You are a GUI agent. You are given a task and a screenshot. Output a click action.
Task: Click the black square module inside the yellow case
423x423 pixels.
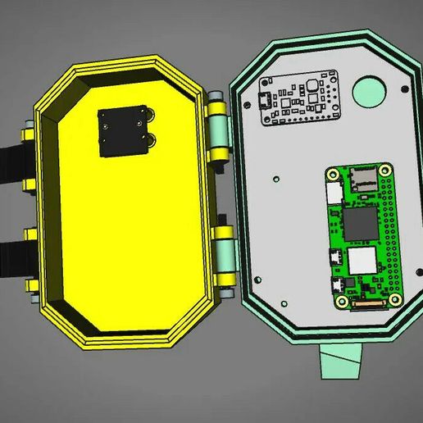tap(125, 131)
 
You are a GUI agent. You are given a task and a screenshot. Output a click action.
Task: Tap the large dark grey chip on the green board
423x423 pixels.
tap(359, 225)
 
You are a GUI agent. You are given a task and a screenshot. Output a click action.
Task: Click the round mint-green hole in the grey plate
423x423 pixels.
tap(369, 89)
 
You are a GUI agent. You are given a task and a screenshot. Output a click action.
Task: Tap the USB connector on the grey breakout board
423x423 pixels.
tap(266, 102)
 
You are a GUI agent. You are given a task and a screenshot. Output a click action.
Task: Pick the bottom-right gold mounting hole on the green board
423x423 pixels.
tap(396, 300)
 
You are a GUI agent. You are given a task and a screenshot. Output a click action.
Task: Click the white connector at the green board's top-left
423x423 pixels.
tap(334, 193)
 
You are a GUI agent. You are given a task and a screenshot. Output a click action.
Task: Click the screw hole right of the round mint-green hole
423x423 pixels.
tap(402, 89)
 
